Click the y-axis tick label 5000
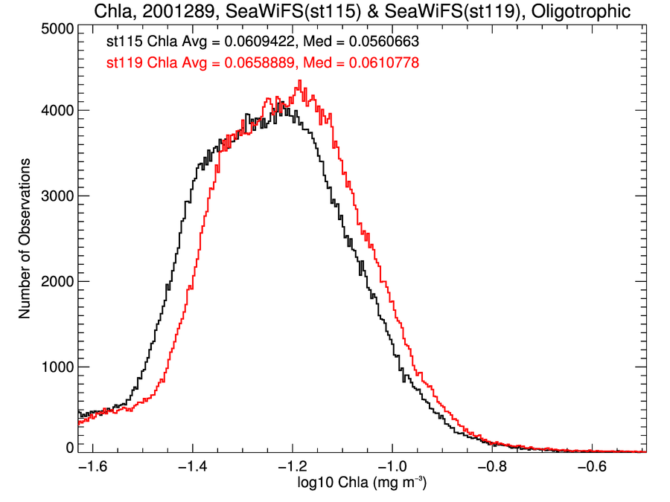coord(55,29)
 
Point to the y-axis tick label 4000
coord(55,111)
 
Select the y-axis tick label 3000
coord(55,196)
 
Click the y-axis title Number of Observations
coord(25,238)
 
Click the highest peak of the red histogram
coord(299,80)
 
